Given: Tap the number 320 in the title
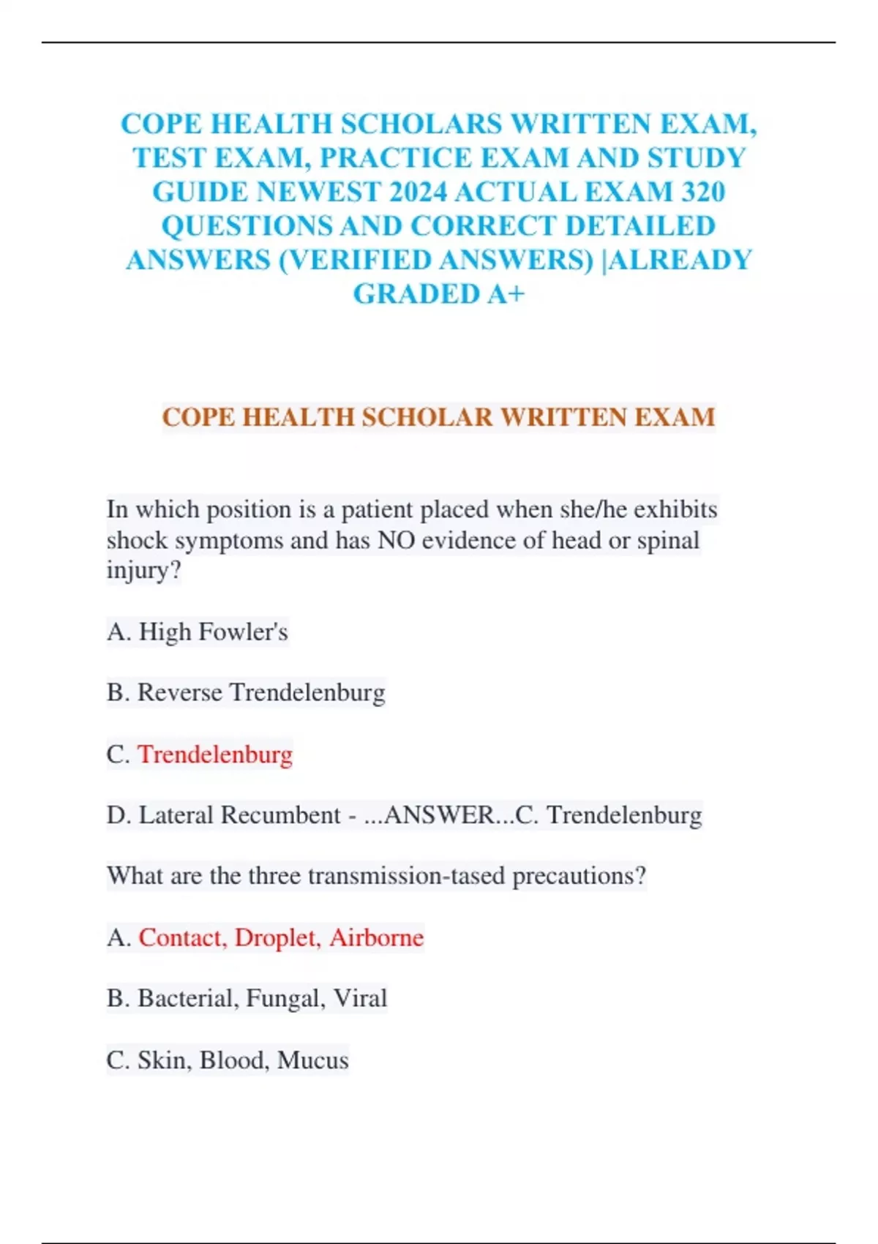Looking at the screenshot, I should pyautogui.click(x=702, y=192).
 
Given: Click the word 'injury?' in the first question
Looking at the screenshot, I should pyautogui.click(x=143, y=570).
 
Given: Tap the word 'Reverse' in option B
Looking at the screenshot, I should pyautogui.click(x=180, y=692).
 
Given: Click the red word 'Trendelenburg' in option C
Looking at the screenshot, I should pyautogui.click(x=215, y=754).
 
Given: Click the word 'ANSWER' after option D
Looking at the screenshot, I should pyautogui.click(x=440, y=814).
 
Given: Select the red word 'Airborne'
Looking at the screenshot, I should pyautogui.click(x=376, y=937).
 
